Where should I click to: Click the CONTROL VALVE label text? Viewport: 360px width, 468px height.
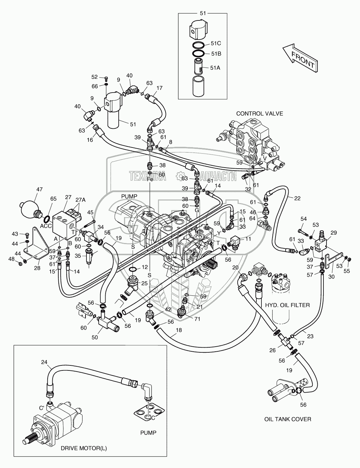[x=259, y=114]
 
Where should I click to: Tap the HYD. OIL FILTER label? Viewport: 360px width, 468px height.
[x=287, y=305]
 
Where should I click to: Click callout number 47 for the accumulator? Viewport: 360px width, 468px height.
[x=39, y=189]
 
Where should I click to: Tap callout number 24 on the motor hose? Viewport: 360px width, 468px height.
[x=45, y=362]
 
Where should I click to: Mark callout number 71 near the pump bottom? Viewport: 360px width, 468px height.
[x=197, y=319]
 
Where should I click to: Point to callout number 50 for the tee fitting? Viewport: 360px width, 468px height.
[x=95, y=337]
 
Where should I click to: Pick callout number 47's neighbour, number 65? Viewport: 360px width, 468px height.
[x=53, y=208]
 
